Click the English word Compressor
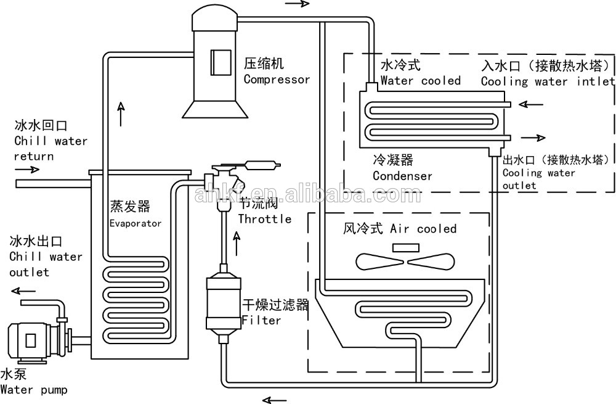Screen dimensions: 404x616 tap(277, 79)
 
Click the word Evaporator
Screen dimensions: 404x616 tap(136, 223)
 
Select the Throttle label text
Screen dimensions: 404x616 tap(264, 219)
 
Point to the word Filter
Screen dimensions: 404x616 tap(261, 320)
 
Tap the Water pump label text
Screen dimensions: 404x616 tap(33, 390)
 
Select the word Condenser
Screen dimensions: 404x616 tap(402, 176)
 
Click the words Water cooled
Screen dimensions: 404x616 tap(420, 81)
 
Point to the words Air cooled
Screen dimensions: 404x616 tap(423, 229)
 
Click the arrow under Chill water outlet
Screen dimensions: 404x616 tap(24, 291)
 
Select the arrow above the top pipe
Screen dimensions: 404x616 tap(296, 4)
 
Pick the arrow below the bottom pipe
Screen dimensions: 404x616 tap(275, 399)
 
